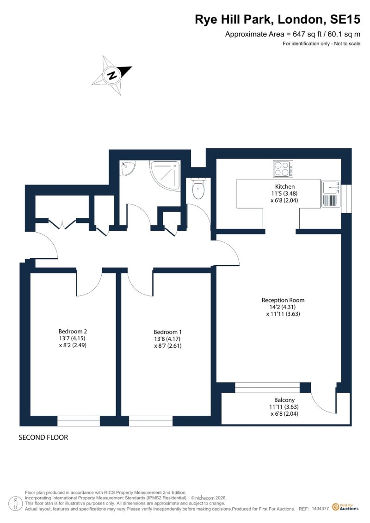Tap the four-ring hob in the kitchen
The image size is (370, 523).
click(283, 169)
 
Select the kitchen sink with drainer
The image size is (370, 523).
click(331, 194)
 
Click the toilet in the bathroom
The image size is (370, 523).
click(198, 189)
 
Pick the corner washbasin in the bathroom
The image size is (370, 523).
click(128, 168)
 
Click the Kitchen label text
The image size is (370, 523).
click(284, 186)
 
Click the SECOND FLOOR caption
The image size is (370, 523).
click(43, 437)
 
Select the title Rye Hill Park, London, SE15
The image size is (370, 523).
click(277, 19)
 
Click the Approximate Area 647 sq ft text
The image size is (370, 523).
click(293, 34)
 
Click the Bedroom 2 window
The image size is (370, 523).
click(79, 421)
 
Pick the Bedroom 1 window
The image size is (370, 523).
click(151, 421)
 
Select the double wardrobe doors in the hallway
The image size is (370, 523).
click(62, 224)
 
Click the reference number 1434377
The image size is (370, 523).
click(321, 509)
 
